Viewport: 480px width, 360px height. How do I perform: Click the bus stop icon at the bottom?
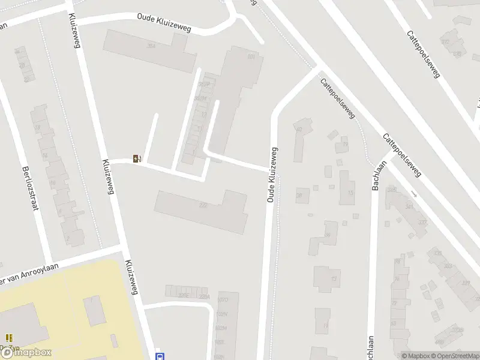tap(160, 355)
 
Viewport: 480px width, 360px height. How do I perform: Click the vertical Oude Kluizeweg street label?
tap(271, 175)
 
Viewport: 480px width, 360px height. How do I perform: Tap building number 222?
tap(203, 205)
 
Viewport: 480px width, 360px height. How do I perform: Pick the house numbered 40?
tap(299, 129)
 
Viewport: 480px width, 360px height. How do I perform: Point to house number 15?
tap(350, 193)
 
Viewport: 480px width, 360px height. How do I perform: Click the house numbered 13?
tap(334, 279)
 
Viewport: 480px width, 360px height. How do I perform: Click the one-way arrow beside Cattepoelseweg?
tap(413, 194)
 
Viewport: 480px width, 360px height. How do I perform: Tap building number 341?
tap(410, 207)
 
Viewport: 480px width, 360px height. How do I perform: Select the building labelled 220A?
tap(205, 296)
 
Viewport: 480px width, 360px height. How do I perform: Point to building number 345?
tap(392, 190)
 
